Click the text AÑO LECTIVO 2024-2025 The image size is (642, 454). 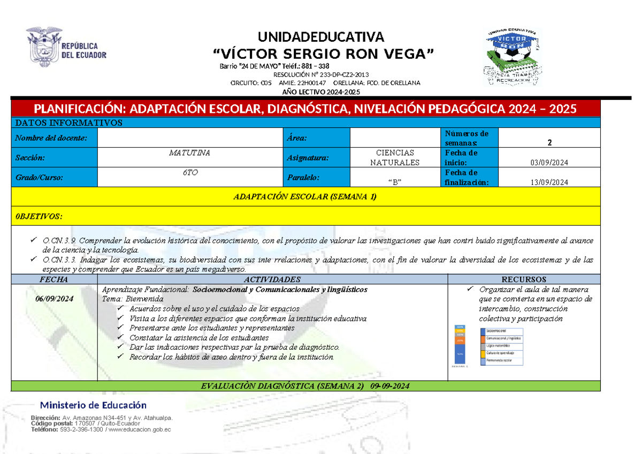tap(321, 91)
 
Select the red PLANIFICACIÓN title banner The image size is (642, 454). tap(305, 109)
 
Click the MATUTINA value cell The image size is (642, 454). tap(189, 153)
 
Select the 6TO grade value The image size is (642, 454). tap(189, 173)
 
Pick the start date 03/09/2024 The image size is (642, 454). tap(549, 163)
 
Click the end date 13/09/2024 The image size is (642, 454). tap(549, 182)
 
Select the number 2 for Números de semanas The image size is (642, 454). tap(549, 142)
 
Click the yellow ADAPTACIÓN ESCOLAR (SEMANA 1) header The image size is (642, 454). tap(305, 197)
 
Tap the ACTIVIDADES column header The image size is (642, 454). tap(272, 279)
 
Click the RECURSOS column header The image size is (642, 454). tap(523, 279)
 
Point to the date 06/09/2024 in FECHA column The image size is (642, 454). tap(54, 299)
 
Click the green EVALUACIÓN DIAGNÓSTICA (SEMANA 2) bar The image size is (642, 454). tap(305, 386)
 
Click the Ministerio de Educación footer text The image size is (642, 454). tap(94, 405)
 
